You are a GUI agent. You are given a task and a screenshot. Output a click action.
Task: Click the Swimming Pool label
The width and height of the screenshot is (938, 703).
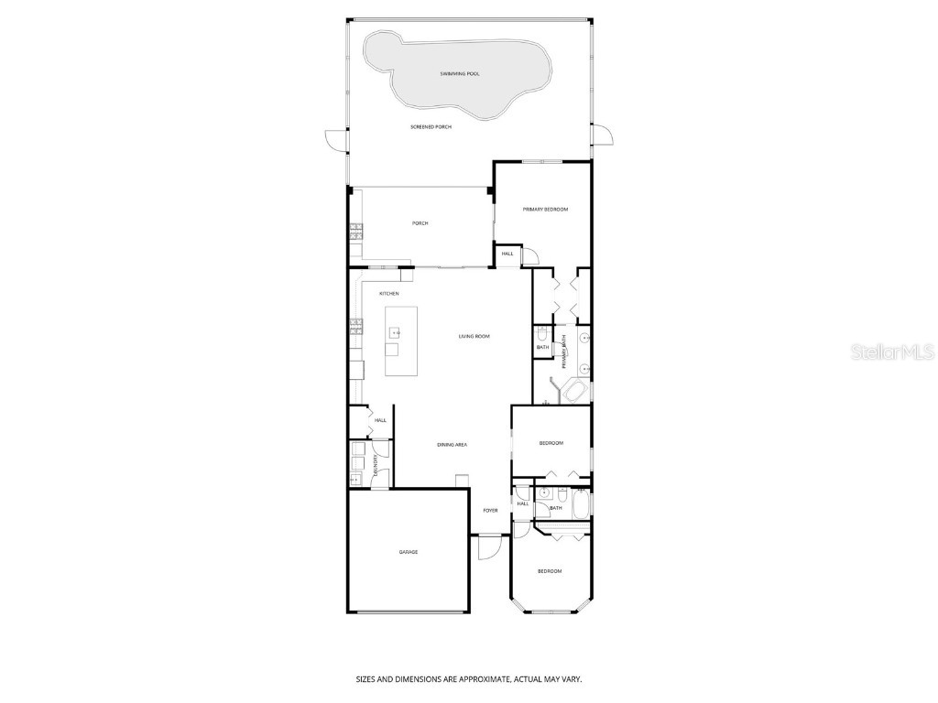pos(460,72)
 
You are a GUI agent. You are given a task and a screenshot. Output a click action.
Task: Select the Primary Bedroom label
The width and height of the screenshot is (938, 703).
pos(545,210)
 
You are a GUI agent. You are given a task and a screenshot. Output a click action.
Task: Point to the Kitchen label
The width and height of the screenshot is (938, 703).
pos(389,293)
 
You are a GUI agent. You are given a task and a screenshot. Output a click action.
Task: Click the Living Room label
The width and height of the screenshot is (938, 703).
pos(474,336)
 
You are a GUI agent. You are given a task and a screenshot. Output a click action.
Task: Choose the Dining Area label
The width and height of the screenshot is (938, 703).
pos(453,444)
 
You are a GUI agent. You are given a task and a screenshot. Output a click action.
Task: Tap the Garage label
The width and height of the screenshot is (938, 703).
pos(408,552)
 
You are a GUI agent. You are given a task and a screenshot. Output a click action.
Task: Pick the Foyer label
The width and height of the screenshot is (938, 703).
pos(491,510)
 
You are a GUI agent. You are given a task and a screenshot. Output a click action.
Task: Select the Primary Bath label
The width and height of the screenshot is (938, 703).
pos(565,351)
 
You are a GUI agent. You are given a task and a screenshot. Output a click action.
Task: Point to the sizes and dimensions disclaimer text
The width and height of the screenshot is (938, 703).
pos(469,679)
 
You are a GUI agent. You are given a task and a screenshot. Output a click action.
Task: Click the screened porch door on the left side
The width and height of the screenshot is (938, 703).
pos(337,141)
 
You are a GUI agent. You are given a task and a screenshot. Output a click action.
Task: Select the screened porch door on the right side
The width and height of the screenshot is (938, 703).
pos(603,135)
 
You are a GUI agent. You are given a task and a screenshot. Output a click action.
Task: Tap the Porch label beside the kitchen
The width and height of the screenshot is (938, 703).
pos(420,223)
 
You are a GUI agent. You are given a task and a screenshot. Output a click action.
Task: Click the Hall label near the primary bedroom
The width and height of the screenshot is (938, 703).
pos(507,254)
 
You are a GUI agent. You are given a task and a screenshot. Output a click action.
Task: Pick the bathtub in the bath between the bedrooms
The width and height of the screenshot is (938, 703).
pos(580,503)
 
